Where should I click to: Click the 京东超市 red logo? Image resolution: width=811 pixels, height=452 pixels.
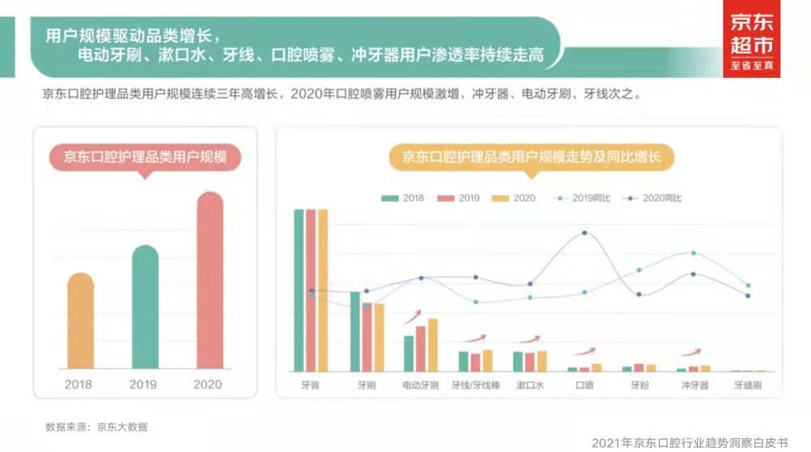pos(751,39)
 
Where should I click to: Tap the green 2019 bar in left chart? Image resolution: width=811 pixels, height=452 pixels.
pos(145,308)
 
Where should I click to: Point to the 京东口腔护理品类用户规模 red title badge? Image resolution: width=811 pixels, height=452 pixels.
pos(145,157)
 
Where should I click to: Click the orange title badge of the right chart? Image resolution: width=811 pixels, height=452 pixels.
pos(531,157)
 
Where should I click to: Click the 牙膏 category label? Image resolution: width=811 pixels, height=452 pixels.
pos(310,385)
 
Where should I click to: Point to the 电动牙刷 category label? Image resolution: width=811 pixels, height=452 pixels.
pos(421,385)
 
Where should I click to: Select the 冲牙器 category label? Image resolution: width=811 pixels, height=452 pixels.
pos(693,385)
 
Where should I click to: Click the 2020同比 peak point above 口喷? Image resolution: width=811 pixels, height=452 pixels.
pos(584,234)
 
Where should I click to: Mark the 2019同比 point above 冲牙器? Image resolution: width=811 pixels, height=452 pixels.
pos(693,253)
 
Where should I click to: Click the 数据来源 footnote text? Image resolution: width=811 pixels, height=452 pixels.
pos(97,426)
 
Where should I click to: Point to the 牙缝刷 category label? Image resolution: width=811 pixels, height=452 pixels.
pos(748,385)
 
